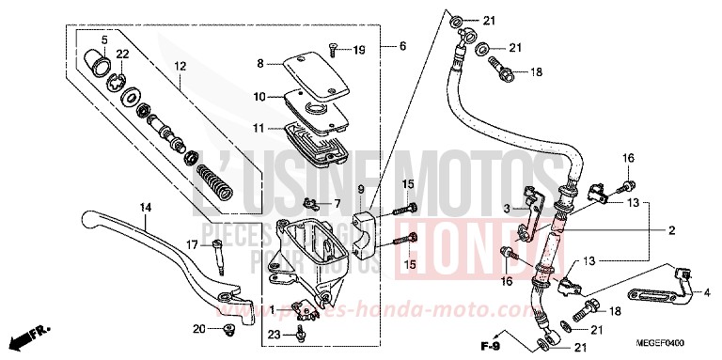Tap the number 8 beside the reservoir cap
pyautogui.click(x=260, y=64)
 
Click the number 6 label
pyautogui.click(x=402, y=46)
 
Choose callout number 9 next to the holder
pyautogui.click(x=361, y=191)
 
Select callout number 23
pyautogui.click(x=273, y=334)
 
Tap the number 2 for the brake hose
pyautogui.click(x=672, y=230)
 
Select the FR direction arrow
pyautogui.click(x=26, y=335)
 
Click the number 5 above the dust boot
pyautogui.click(x=105, y=39)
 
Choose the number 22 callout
pyautogui.click(x=122, y=54)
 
